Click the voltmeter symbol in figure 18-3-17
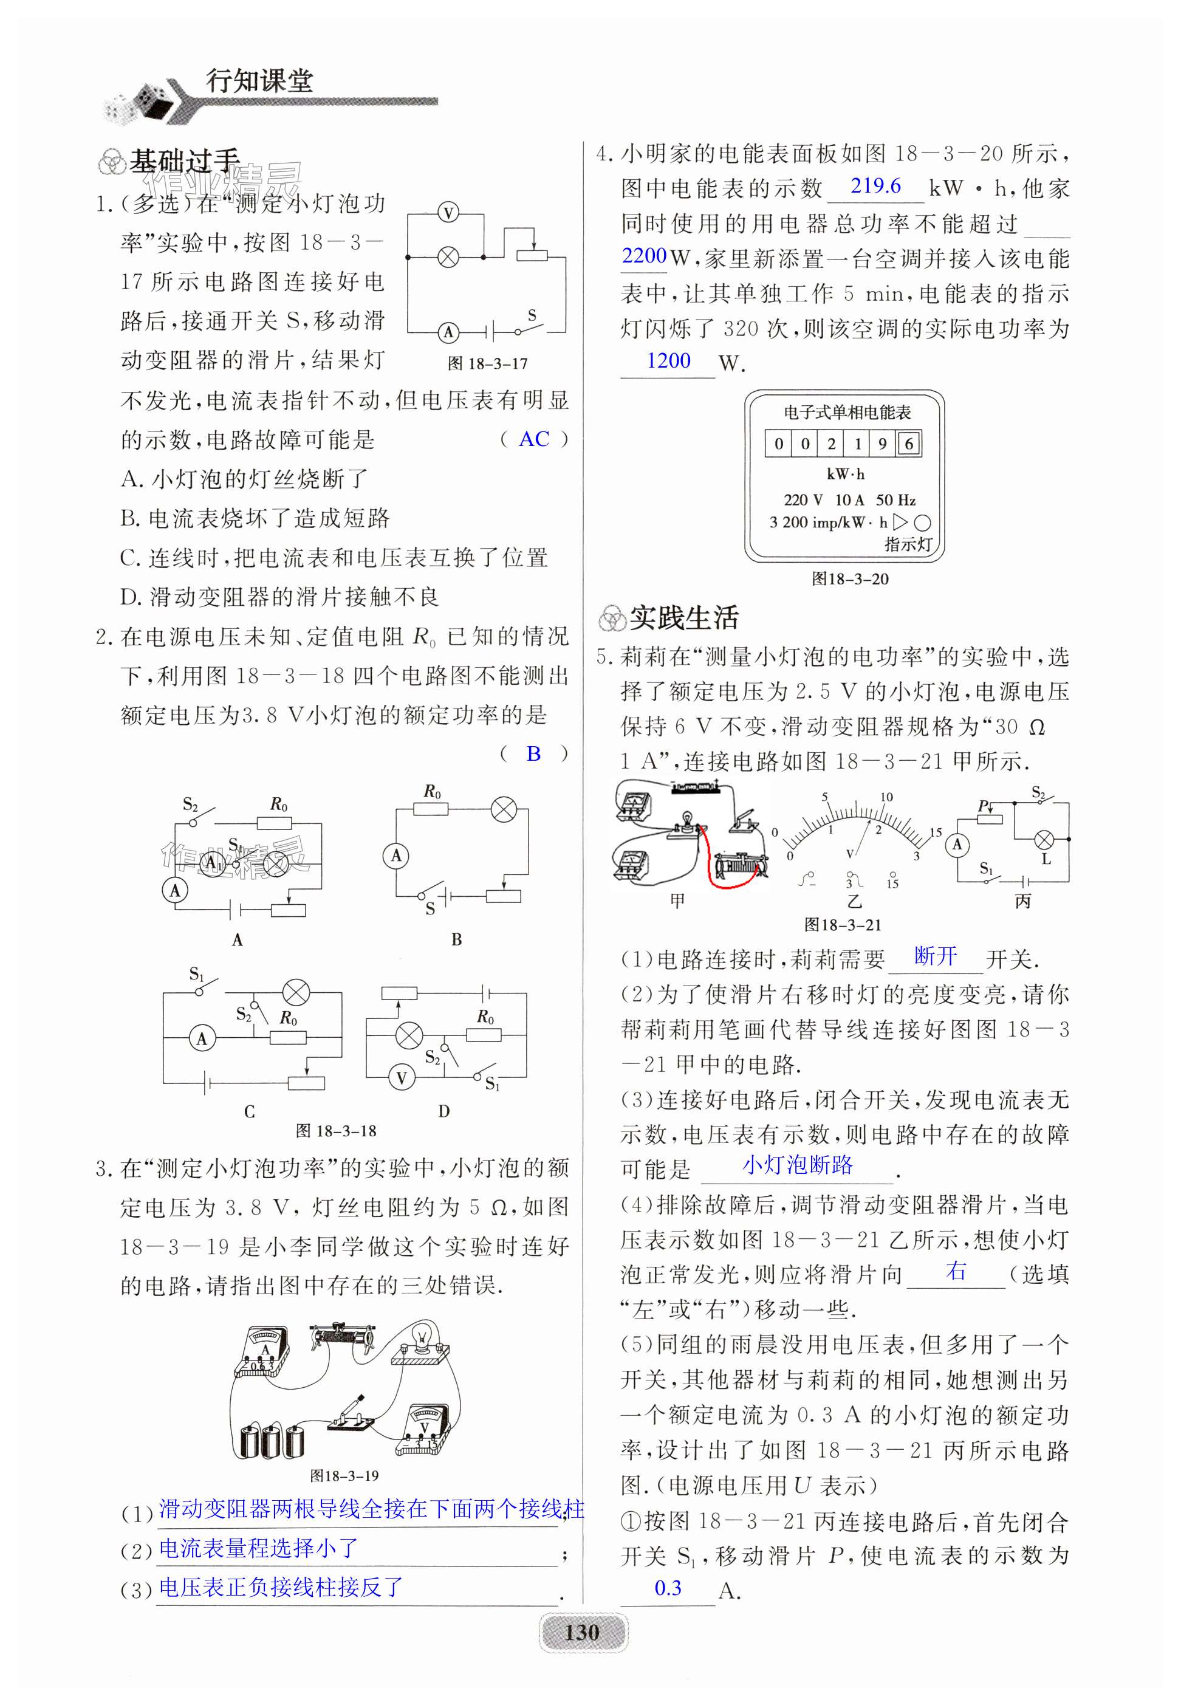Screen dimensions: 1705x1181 click(x=448, y=214)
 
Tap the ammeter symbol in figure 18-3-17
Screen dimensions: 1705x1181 click(x=448, y=332)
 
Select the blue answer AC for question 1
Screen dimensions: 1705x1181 click(x=533, y=439)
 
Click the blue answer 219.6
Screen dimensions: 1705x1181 click(x=875, y=186)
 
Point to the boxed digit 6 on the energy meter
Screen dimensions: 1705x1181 click(x=909, y=444)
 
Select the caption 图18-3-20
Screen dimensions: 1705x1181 click(x=849, y=578)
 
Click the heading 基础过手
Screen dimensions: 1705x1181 click(x=184, y=160)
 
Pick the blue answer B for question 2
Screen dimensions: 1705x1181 click(x=533, y=753)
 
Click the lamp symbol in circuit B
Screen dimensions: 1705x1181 click(x=504, y=809)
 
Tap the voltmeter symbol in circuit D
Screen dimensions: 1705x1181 click(x=402, y=1077)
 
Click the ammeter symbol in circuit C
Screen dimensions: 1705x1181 click(x=202, y=1038)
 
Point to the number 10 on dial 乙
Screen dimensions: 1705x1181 click(x=886, y=797)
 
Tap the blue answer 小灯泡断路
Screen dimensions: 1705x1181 click(x=797, y=1165)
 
